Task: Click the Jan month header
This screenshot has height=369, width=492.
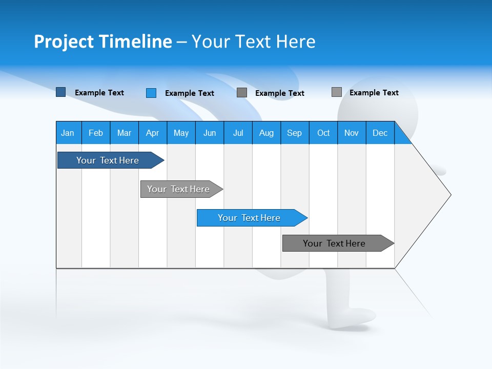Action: pyautogui.click(x=68, y=133)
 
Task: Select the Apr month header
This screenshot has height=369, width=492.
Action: pyautogui.click(x=152, y=133)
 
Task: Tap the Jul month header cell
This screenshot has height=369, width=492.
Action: pyautogui.click(x=238, y=133)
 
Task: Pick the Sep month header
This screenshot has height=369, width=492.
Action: pyautogui.click(x=294, y=133)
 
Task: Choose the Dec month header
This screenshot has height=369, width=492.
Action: pyautogui.click(x=380, y=133)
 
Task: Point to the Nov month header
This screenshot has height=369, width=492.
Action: pyautogui.click(x=351, y=133)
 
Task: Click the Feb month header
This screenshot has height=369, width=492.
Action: pyautogui.click(x=96, y=133)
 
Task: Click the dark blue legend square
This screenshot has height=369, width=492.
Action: pyautogui.click(x=61, y=92)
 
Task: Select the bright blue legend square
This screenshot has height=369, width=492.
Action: pyautogui.click(x=151, y=93)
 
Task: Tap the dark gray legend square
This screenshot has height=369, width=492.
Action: pyautogui.click(x=242, y=93)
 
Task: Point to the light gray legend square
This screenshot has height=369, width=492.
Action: pyautogui.click(x=337, y=92)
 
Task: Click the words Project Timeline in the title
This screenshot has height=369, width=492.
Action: pyautogui.click(x=102, y=42)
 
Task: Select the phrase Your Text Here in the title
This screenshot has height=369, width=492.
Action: pyautogui.click(x=253, y=42)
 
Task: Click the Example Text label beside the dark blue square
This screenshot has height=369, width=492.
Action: pyautogui.click(x=99, y=93)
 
